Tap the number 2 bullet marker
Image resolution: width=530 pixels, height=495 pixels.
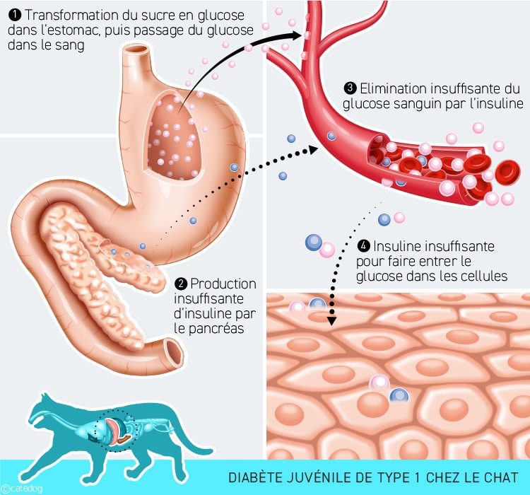181,284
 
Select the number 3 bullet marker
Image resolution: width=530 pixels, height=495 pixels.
350,88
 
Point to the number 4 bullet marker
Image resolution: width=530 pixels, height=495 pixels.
364,247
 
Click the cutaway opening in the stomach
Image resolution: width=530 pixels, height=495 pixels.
173,134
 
